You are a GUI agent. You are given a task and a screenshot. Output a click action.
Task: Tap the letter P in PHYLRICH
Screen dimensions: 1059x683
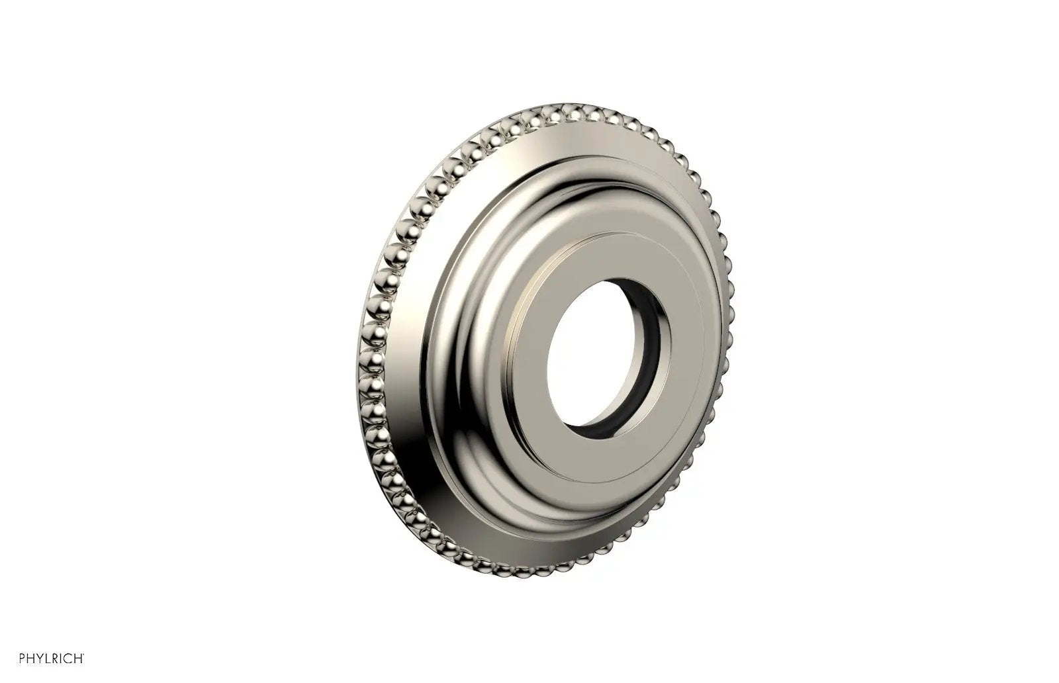point(23,659)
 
